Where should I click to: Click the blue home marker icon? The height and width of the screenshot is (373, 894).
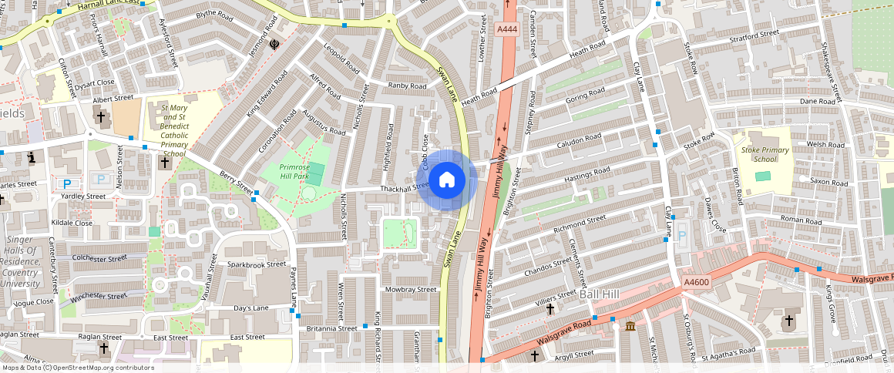coord(446,180)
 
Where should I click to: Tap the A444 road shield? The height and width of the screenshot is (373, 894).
coord(506,29)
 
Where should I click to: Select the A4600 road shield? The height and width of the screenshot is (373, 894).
coord(696,284)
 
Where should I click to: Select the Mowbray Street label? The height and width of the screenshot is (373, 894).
coord(410,290)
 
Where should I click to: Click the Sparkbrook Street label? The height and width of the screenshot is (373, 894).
coord(257,264)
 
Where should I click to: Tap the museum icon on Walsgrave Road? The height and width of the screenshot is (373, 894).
coord(630,327)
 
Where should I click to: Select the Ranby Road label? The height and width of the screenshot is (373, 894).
coord(407,86)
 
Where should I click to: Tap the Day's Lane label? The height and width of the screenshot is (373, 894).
coord(250,308)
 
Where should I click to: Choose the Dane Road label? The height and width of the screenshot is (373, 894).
coord(818,101)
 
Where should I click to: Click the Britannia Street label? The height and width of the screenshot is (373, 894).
coord(332,328)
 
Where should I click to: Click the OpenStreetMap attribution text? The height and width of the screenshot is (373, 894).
coord(77,368)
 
